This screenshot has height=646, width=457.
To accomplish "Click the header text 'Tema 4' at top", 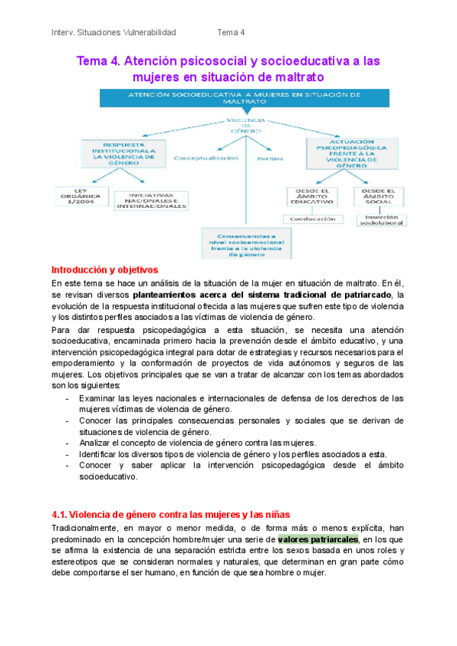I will coord(231,32).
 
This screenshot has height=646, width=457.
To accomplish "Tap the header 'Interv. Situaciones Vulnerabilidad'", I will coord(113,32).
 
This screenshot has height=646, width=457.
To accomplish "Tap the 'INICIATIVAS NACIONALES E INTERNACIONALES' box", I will coord(151,201).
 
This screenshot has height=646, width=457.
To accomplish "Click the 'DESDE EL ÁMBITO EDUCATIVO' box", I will coord(312,197).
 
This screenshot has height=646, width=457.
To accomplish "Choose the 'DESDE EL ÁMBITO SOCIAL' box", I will coord(379,197).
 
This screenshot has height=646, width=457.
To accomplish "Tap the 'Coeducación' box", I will coord(312,219).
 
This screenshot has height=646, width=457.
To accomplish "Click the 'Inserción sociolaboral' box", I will coord(382,220).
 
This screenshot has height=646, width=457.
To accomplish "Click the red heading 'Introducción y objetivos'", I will coord(104,270).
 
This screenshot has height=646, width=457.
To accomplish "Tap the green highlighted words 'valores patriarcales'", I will coord(318,539).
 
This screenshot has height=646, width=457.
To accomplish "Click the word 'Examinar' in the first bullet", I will coord(98,398).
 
